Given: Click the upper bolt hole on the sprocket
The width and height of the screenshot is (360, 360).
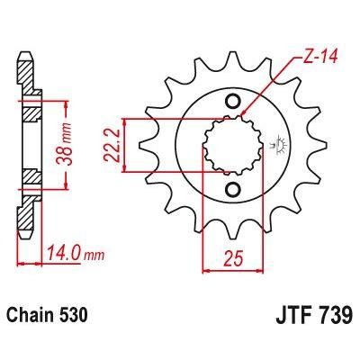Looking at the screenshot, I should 236,101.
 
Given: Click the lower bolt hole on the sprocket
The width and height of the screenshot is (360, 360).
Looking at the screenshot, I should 236,188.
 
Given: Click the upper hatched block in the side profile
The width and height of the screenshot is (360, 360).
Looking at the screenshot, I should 30,114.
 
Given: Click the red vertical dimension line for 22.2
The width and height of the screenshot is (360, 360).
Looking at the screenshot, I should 136,144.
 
